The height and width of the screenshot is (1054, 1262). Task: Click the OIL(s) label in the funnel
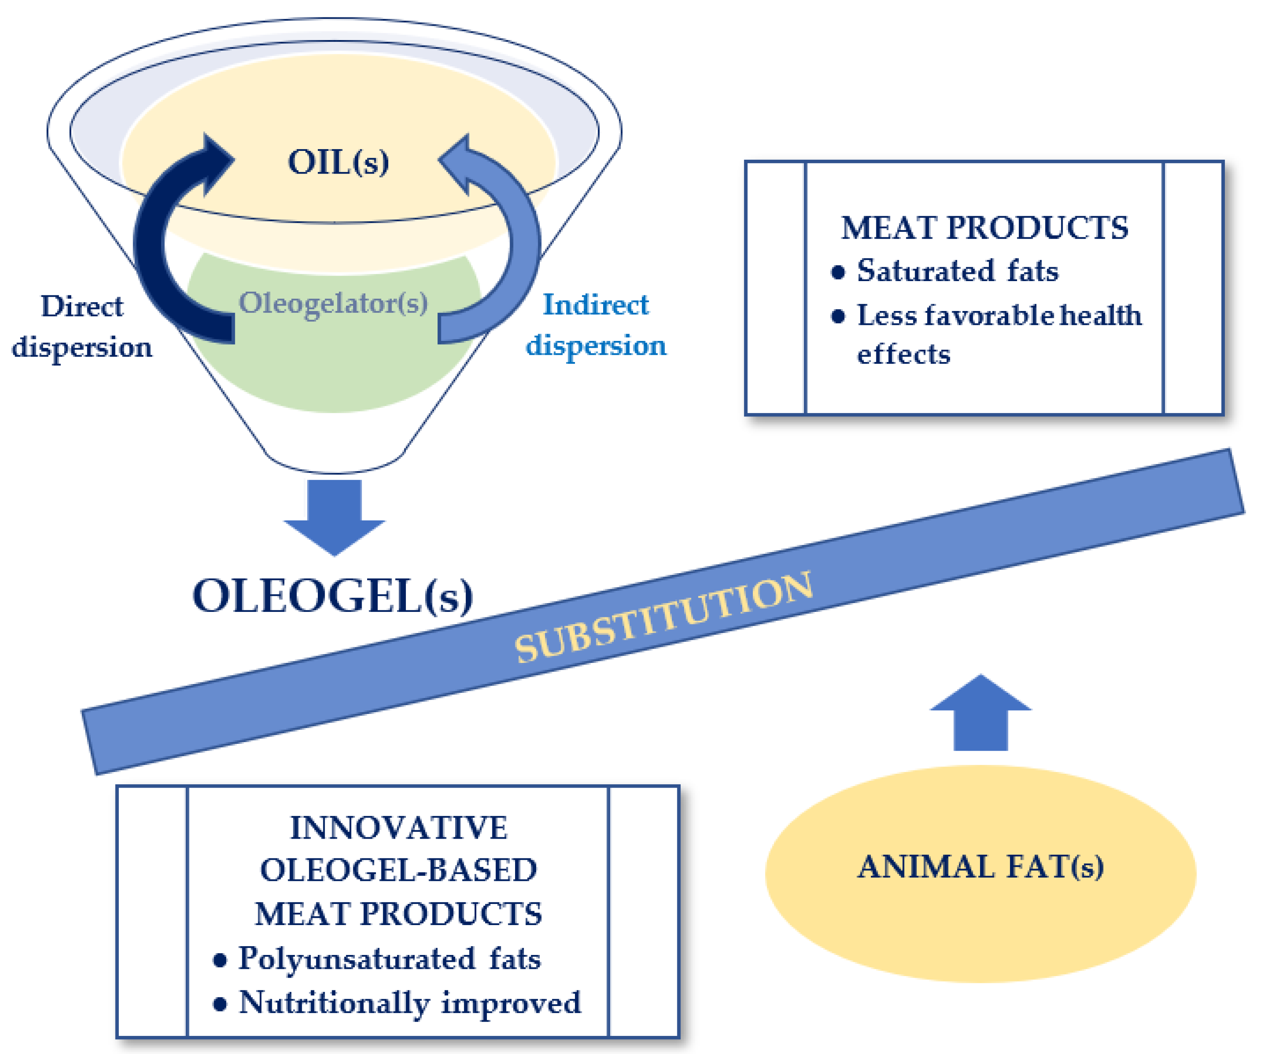pos(338,162)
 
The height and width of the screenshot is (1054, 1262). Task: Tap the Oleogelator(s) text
pos(333,302)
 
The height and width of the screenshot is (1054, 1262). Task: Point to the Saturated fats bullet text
pos(957,271)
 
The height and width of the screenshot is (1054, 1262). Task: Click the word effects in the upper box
pos(903,354)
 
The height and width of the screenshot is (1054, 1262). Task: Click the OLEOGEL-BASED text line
pos(398,870)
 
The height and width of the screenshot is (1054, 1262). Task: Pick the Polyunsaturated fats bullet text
pos(389,958)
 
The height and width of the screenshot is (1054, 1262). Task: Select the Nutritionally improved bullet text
pos(410,1002)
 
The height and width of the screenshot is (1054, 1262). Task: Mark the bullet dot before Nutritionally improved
pos(220,1004)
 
